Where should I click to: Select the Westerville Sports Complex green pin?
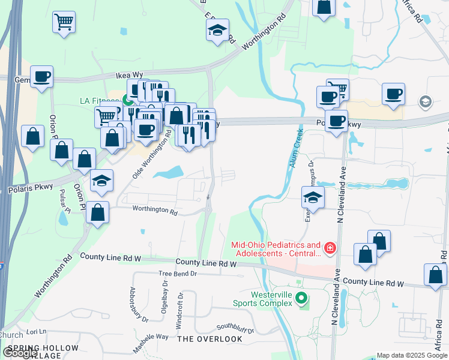[303, 298]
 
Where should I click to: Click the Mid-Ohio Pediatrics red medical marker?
[329, 248]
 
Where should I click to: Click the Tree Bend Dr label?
[178, 274]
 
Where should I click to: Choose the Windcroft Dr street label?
[179, 310]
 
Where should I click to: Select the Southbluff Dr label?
[235, 328]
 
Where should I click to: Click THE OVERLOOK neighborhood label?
[210, 339]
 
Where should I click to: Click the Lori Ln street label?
[36, 331]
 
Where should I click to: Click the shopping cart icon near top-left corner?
[64, 23]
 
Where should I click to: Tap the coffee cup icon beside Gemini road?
[42, 77]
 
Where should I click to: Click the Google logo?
[20, 353]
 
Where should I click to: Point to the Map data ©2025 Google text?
[412, 355]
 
